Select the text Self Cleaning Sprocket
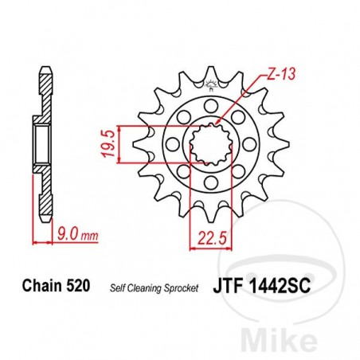(153, 285)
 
